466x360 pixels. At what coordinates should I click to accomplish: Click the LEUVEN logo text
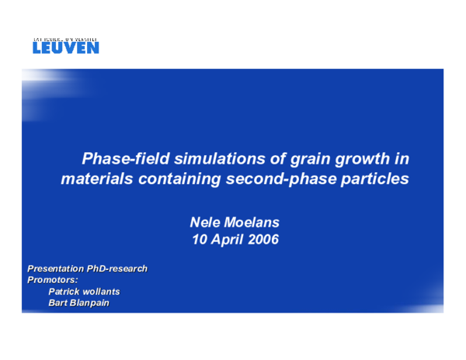[x=66, y=47]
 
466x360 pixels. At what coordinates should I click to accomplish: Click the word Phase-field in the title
[x=122, y=159]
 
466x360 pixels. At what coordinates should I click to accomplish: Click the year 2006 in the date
[x=261, y=240]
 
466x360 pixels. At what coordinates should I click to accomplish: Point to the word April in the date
[x=224, y=240]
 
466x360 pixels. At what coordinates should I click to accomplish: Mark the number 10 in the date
[x=200, y=240]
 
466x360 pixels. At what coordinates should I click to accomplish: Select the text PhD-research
[x=117, y=269]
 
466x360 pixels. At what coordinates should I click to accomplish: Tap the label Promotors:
[x=53, y=280]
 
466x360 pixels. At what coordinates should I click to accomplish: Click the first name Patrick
[x=64, y=292]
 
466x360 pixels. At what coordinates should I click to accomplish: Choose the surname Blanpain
[x=89, y=303]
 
